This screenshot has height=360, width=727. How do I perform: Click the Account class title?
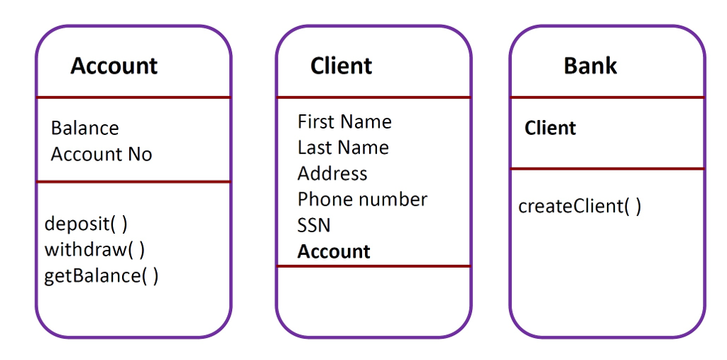click(114, 66)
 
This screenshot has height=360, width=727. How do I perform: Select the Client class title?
click(341, 66)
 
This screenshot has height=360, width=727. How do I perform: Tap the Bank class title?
click(590, 66)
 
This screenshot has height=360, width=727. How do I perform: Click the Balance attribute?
click(84, 129)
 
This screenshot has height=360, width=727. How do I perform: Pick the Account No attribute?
click(102, 154)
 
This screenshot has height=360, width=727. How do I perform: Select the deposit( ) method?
click(86, 224)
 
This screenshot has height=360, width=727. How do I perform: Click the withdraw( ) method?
click(94, 249)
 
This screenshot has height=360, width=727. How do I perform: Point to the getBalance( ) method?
click(102, 276)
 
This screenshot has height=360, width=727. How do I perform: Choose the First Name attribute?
click(344, 122)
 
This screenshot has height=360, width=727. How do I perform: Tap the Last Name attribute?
click(343, 148)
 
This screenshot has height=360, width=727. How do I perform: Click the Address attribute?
click(332, 174)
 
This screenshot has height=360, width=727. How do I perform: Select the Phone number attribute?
click(362, 200)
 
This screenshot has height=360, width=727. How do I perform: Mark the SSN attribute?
click(314, 226)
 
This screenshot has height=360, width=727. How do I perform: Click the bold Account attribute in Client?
click(334, 251)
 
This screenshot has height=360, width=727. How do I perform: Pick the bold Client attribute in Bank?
click(550, 129)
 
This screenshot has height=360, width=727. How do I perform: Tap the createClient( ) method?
click(579, 207)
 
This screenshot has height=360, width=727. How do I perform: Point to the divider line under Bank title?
click(607, 97)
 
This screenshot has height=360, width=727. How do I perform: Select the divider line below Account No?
click(133, 182)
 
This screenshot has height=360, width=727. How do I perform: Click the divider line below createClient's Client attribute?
click(607, 169)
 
